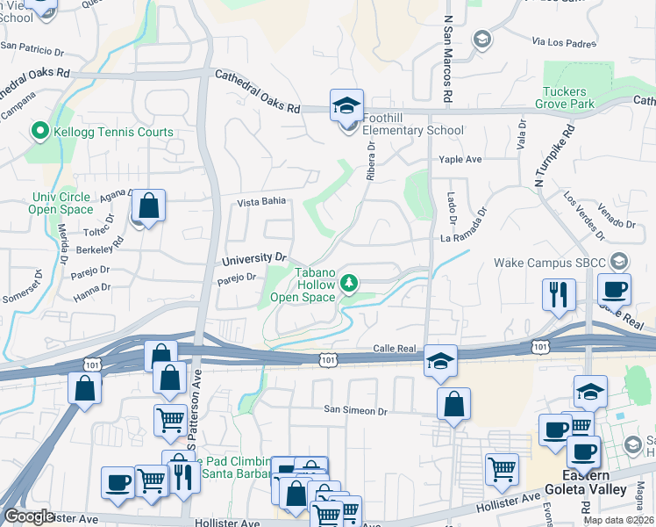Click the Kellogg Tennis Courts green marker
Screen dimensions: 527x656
(39, 133)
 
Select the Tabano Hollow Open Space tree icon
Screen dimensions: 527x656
(349, 282)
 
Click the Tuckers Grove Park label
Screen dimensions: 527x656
(568, 97)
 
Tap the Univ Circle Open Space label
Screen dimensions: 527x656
(61, 203)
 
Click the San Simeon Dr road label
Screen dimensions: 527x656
(355, 410)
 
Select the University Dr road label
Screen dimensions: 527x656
(254, 259)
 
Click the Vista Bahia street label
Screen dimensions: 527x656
(261, 201)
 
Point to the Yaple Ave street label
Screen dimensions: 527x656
(460, 159)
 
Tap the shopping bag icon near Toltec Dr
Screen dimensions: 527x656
(149, 206)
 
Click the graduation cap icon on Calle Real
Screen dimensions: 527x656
(440, 359)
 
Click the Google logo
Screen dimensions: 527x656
(29, 516)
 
